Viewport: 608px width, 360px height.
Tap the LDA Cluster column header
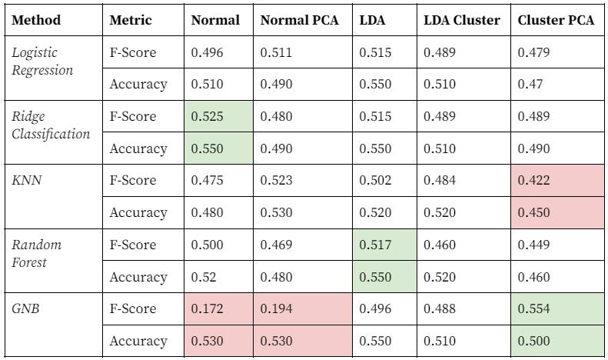[x=461, y=21]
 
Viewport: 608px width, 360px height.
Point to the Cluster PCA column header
[x=556, y=21]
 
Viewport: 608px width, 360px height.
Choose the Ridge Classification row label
[x=51, y=125]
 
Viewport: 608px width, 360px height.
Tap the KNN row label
[x=27, y=181]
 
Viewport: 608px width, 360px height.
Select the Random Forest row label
[x=37, y=253]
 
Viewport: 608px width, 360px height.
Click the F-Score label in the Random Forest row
[x=133, y=245]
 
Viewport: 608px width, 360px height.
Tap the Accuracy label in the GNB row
[x=138, y=341]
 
